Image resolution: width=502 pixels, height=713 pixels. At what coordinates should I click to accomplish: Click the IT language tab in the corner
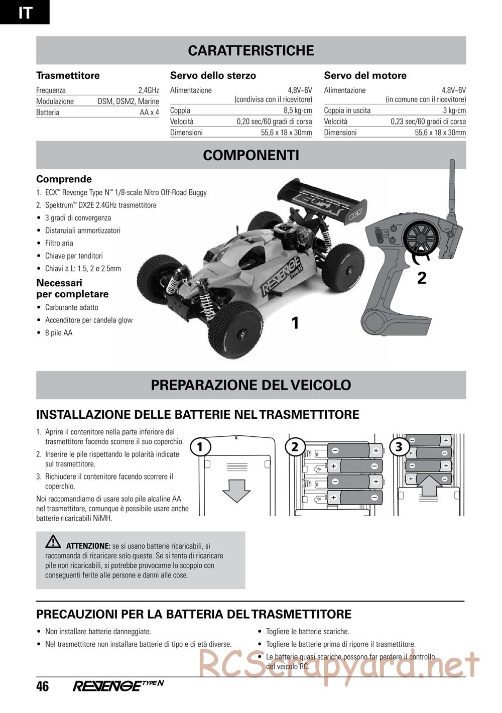[24, 12]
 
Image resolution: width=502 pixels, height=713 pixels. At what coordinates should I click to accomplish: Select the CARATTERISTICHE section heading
[250, 51]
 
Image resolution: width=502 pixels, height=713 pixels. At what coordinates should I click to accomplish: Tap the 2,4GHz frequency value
[149, 90]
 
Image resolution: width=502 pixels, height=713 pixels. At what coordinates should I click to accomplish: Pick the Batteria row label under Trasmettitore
[48, 112]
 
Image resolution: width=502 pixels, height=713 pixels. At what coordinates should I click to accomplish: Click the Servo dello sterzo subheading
[213, 76]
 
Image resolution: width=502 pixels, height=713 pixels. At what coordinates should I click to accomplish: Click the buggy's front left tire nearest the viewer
[236, 327]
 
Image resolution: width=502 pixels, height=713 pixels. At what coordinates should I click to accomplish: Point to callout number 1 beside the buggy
[295, 323]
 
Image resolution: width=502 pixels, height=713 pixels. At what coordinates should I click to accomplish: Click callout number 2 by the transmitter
[422, 278]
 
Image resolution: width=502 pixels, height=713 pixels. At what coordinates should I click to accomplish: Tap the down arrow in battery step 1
[236, 490]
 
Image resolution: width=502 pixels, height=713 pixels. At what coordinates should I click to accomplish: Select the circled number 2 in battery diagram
[295, 446]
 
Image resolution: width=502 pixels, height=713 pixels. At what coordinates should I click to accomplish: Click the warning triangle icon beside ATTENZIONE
[53, 542]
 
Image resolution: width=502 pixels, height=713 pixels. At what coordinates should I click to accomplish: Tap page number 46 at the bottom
[43, 686]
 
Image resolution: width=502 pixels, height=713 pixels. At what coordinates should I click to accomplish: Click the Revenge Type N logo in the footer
[118, 686]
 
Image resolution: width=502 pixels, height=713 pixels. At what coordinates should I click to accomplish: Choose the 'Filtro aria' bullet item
[59, 243]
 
